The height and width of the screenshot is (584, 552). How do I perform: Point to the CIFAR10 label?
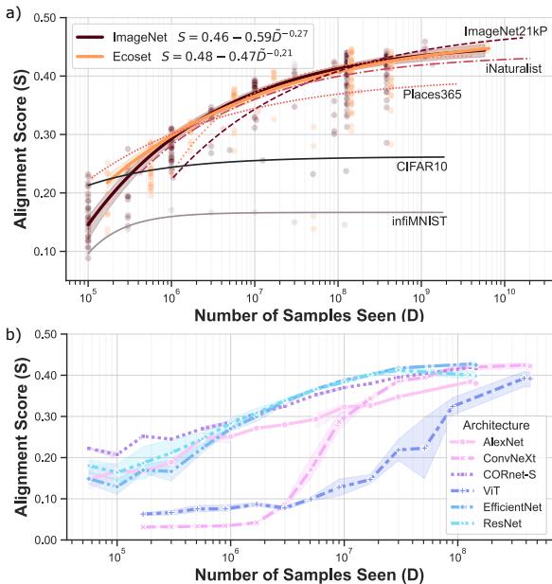pyautogui.click(x=423, y=166)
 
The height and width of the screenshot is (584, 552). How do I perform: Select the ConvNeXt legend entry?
pyautogui.click(x=498, y=458)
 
